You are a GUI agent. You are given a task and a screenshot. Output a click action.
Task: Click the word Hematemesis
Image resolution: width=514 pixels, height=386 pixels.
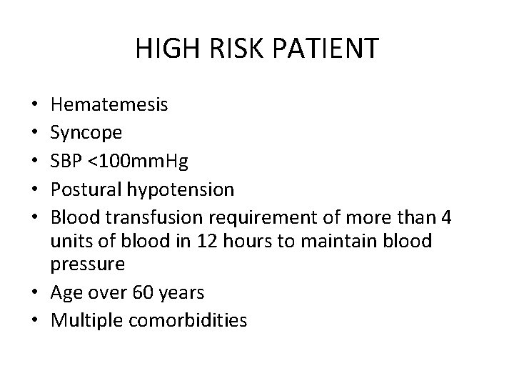point(110,106)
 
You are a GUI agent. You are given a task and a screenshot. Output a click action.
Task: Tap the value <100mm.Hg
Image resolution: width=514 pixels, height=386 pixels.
point(138,162)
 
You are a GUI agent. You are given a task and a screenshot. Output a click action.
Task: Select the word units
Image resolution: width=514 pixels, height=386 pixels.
point(69,241)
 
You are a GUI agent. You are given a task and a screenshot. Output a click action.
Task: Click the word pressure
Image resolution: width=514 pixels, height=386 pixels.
point(89,265)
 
